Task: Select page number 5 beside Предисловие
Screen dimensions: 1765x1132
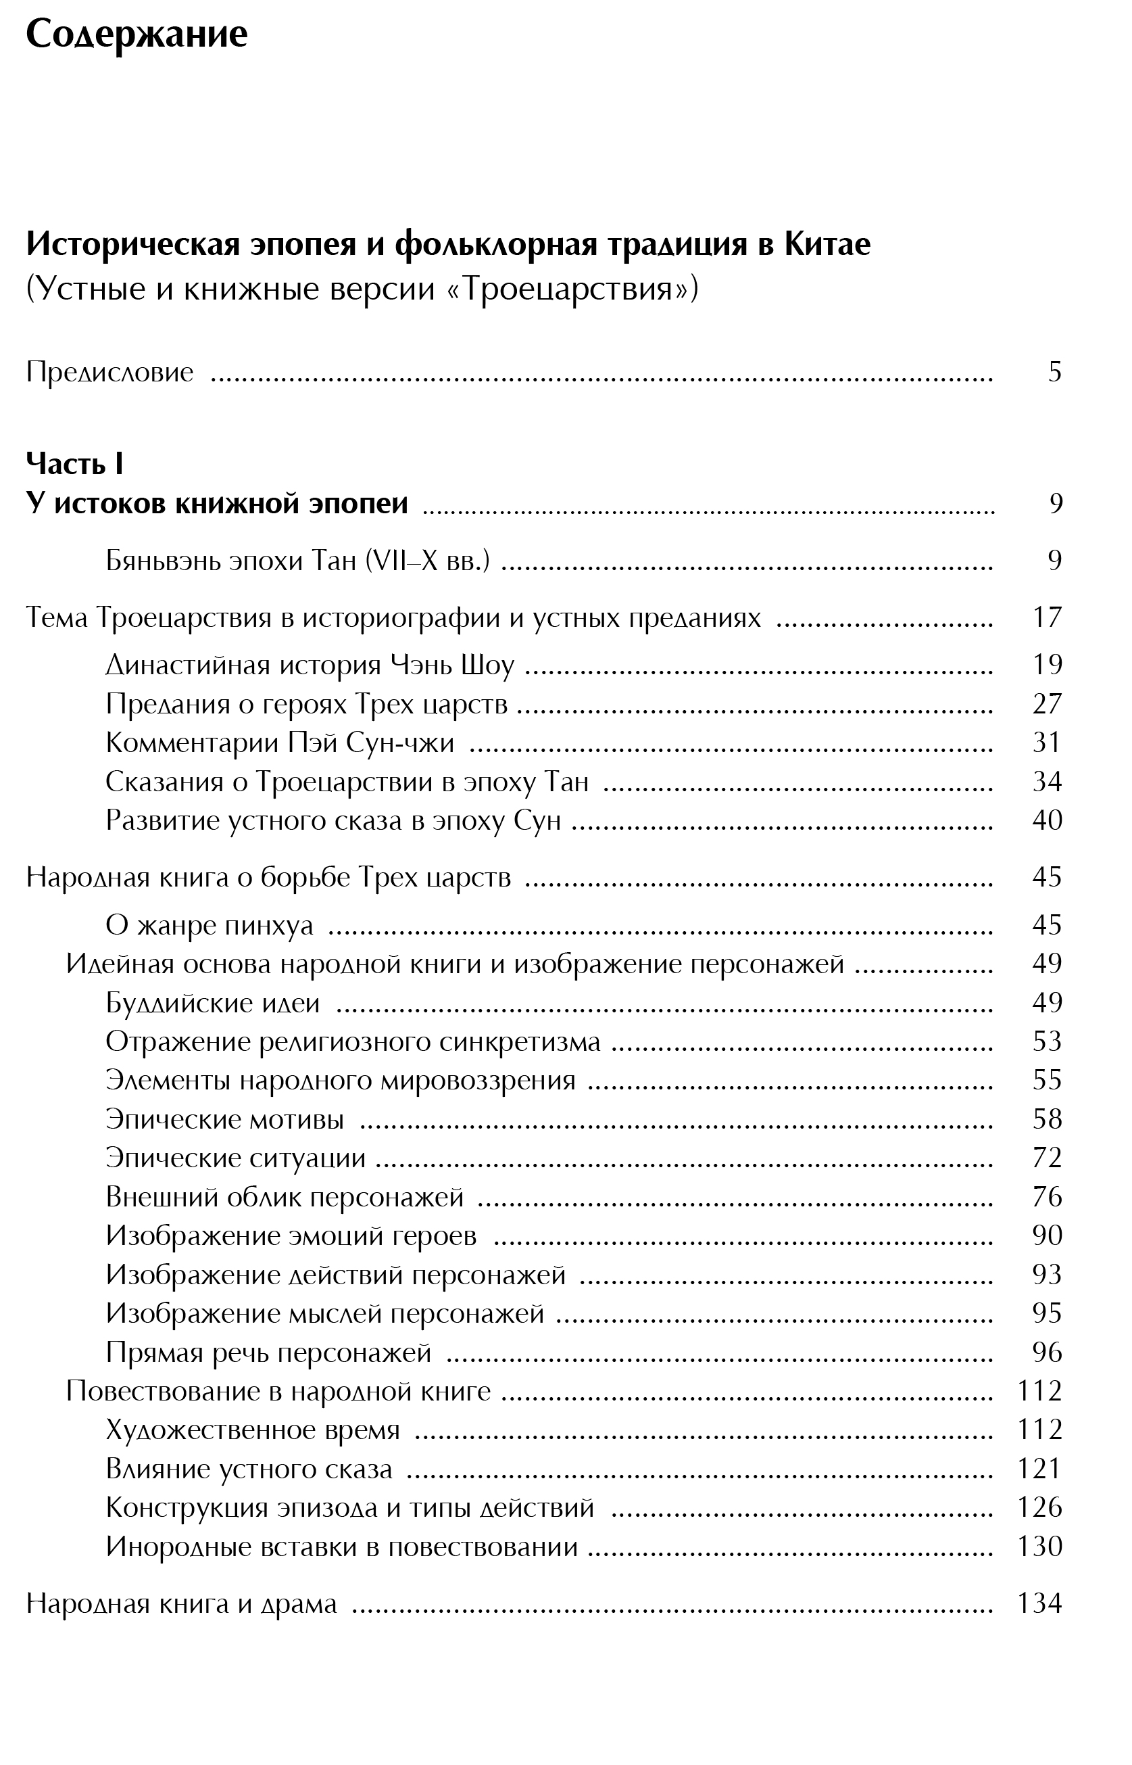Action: click(x=1055, y=372)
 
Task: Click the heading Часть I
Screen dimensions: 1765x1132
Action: click(x=74, y=463)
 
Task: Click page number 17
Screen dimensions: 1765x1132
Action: click(x=1047, y=617)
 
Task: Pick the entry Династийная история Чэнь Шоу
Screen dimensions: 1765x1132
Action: click(x=310, y=665)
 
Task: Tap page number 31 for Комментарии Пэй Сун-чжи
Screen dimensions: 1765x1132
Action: click(x=1047, y=742)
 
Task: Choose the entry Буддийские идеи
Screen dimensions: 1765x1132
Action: click(x=212, y=1002)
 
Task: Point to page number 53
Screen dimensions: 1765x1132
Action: click(x=1047, y=1041)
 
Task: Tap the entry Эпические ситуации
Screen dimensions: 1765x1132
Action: click(x=235, y=1158)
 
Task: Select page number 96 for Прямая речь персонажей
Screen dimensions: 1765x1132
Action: click(x=1047, y=1352)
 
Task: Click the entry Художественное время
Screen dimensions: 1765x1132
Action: click(x=252, y=1430)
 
